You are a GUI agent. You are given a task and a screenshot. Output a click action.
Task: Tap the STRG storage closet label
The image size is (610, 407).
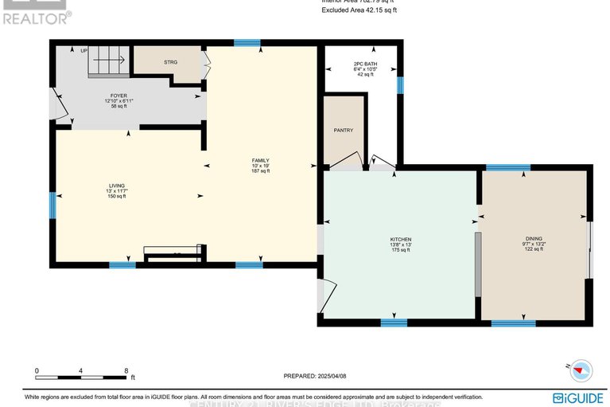pos(171,61)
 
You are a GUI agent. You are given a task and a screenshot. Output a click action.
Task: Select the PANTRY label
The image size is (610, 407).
pos(344,130)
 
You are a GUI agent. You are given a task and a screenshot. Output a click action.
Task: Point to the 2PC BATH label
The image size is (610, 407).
pos(365,64)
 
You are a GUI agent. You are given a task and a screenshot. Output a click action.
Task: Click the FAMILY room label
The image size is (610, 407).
pos(261,160)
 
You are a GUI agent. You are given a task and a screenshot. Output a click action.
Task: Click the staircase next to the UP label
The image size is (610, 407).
pos(107,58)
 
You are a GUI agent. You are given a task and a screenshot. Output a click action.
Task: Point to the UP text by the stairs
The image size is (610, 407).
pos(84,51)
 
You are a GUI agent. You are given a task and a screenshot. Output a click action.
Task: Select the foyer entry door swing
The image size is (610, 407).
pos(57,104)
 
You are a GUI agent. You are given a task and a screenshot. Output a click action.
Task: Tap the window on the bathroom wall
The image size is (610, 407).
pos(400,84)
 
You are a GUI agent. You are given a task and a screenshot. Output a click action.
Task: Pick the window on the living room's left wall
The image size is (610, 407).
pos(53,205)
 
